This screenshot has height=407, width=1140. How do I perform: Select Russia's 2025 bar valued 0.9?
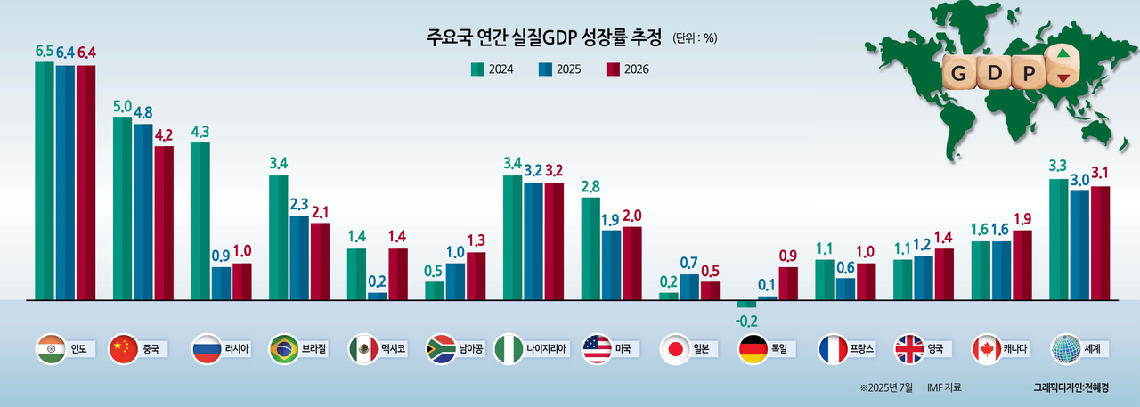coord(222,283)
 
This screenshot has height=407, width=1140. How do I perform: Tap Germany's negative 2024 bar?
coord(745,304)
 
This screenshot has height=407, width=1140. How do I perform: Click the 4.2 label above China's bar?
coord(163,135)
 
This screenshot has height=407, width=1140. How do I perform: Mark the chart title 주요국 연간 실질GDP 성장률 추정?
coord(544,37)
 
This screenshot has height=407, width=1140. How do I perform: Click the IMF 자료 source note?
coord(944,387)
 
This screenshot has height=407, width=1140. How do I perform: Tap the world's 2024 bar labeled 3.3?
coord(1059,240)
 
